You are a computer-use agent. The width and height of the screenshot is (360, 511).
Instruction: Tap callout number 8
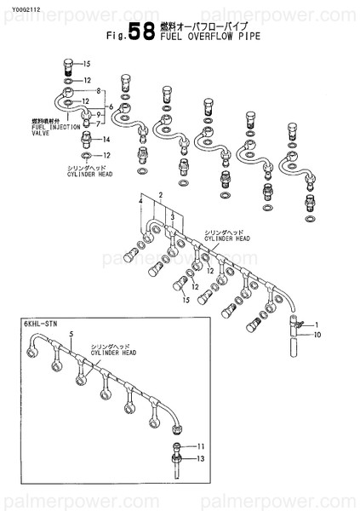pos(100,91)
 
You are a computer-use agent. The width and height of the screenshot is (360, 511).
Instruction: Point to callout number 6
pos(110,106)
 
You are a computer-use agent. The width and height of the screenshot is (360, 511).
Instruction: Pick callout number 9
pos(100,114)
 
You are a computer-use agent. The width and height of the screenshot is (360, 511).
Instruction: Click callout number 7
pos(100,123)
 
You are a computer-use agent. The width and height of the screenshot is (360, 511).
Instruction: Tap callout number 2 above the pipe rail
pos(158,196)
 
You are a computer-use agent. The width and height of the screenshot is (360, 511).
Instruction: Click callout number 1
pos(315,325)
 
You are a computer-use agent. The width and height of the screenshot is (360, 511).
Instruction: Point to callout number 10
pos(316,335)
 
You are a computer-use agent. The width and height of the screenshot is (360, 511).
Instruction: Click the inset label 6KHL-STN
pos(35,324)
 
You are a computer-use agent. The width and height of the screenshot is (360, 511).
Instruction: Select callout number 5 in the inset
pos(71,333)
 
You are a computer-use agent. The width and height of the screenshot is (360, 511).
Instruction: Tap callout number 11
pos(202,446)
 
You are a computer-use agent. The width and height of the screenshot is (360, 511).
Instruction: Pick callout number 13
pos(202,458)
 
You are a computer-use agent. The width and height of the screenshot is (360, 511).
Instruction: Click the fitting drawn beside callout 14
pos(84,139)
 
